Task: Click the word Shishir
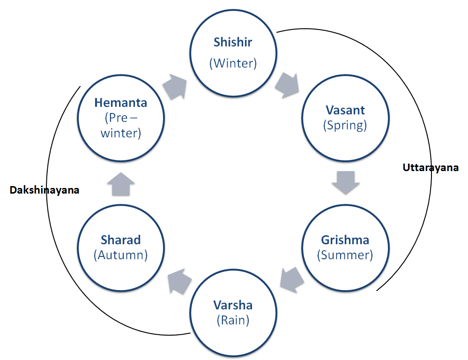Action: [x=233, y=43]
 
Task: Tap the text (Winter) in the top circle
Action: [x=233, y=63]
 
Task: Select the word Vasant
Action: [x=345, y=111]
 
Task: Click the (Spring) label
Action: [x=345, y=126]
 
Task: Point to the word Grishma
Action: [x=345, y=240]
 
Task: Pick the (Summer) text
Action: [x=345, y=255]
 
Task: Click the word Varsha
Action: [x=233, y=305]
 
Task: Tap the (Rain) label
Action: [x=233, y=321]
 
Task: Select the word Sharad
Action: [x=120, y=240]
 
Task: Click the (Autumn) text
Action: [x=120, y=255]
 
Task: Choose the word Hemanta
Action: [x=120, y=102]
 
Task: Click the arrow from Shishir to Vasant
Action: [x=287, y=84]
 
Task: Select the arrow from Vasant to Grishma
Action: [x=345, y=182]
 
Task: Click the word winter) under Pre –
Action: [x=120, y=133]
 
